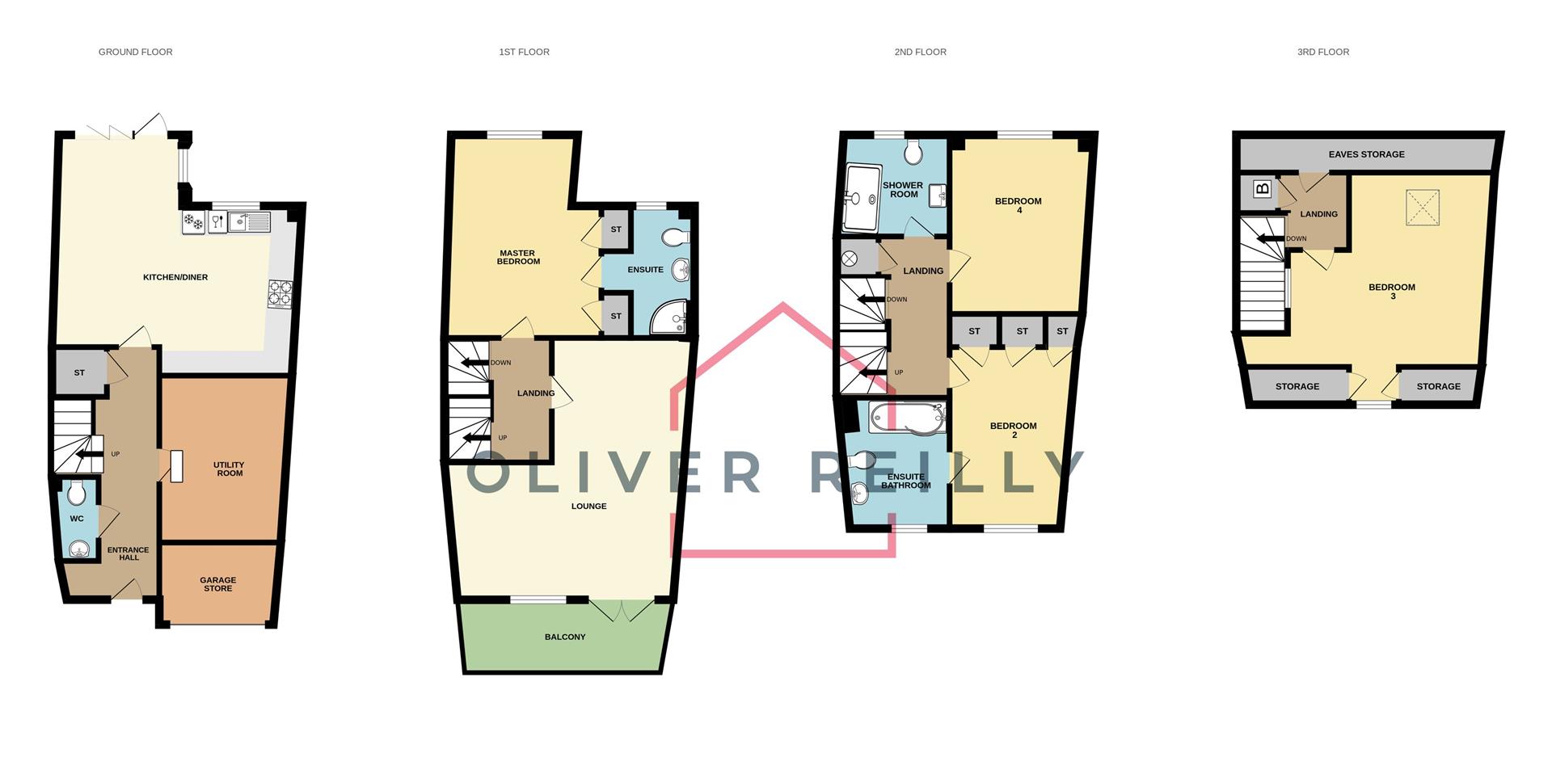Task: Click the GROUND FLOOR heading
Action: pyautogui.click(x=135, y=52)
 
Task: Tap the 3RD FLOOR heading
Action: pyautogui.click(x=1322, y=52)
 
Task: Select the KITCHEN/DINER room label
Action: pyautogui.click(x=175, y=277)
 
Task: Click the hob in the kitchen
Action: pyautogui.click(x=280, y=294)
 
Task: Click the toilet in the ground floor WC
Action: pyautogui.click(x=77, y=491)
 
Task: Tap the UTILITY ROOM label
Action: pyautogui.click(x=229, y=469)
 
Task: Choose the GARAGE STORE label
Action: pyautogui.click(x=218, y=584)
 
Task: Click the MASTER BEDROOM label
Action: pyautogui.click(x=518, y=257)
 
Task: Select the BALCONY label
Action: pyautogui.click(x=565, y=637)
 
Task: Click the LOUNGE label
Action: pyautogui.click(x=588, y=506)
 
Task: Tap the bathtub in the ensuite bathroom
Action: pyautogui.click(x=907, y=418)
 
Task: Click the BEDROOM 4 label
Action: pyautogui.click(x=1018, y=205)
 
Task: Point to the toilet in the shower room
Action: pyautogui.click(x=914, y=152)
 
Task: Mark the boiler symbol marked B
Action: pyautogui.click(x=1262, y=190)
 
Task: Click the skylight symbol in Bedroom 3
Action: pyautogui.click(x=1423, y=207)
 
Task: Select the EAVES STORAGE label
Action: pyautogui.click(x=1366, y=154)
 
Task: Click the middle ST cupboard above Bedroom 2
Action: pyautogui.click(x=1022, y=331)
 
